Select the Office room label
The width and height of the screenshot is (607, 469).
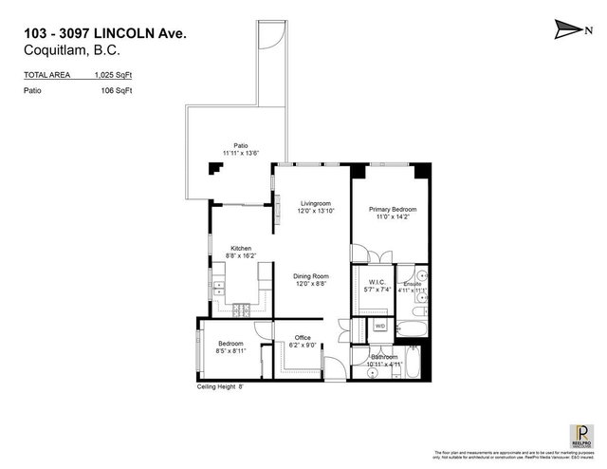tap(303, 337)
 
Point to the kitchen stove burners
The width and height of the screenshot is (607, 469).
tap(238, 310)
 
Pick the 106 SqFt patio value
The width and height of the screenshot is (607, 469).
tap(116, 90)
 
